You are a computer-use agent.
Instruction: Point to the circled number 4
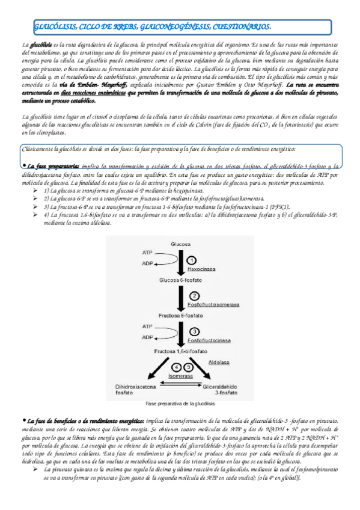tap(175, 366)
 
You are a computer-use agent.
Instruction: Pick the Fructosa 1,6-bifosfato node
tap(180, 351)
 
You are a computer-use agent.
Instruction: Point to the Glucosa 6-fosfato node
tap(180, 280)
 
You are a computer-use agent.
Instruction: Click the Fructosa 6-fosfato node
tap(180, 315)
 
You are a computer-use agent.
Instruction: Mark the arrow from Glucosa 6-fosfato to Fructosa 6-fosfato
tap(181, 297)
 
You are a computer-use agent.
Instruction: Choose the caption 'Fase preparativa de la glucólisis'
tap(180, 404)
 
